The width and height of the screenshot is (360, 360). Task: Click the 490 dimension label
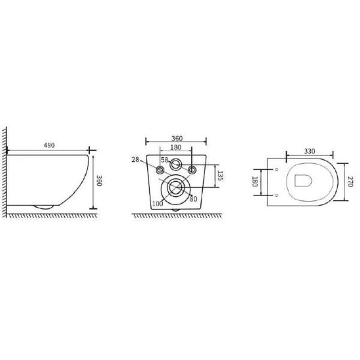tap(49, 145)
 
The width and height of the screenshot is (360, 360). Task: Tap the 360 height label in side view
tap(99, 181)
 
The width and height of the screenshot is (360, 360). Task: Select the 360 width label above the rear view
tap(177, 139)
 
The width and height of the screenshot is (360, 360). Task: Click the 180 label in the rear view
tap(176, 148)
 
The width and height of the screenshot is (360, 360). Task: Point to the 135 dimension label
tap(220, 176)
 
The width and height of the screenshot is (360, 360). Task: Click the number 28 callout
tap(135, 160)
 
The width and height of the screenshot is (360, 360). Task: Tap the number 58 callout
tap(164, 160)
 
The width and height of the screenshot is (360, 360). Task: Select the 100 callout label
tap(158, 203)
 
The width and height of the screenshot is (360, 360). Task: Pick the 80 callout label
tap(194, 199)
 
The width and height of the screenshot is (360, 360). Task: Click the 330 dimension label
tap(310, 151)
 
